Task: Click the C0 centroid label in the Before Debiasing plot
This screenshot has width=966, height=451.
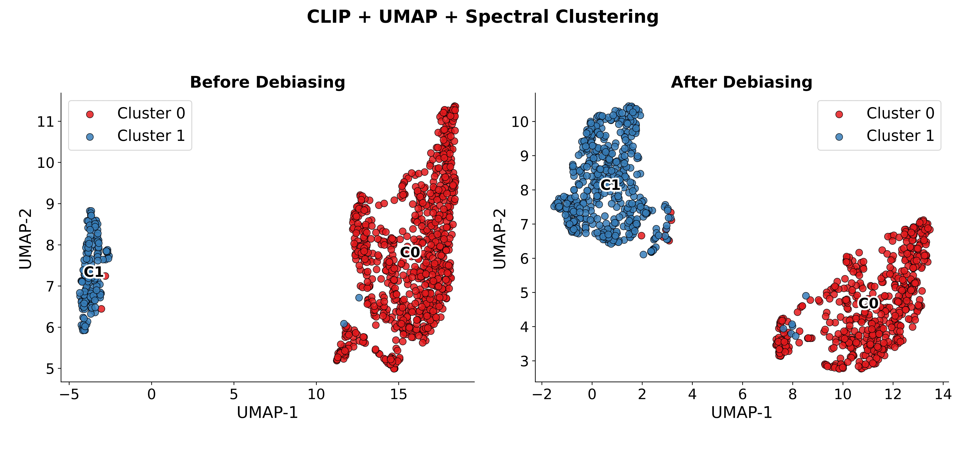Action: (x=410, y=252)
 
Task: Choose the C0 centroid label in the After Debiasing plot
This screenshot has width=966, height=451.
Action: (x=868, y=303)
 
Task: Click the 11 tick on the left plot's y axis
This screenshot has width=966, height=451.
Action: (x=46, y=122)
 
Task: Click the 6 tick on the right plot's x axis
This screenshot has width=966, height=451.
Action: (x=743, y=394)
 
